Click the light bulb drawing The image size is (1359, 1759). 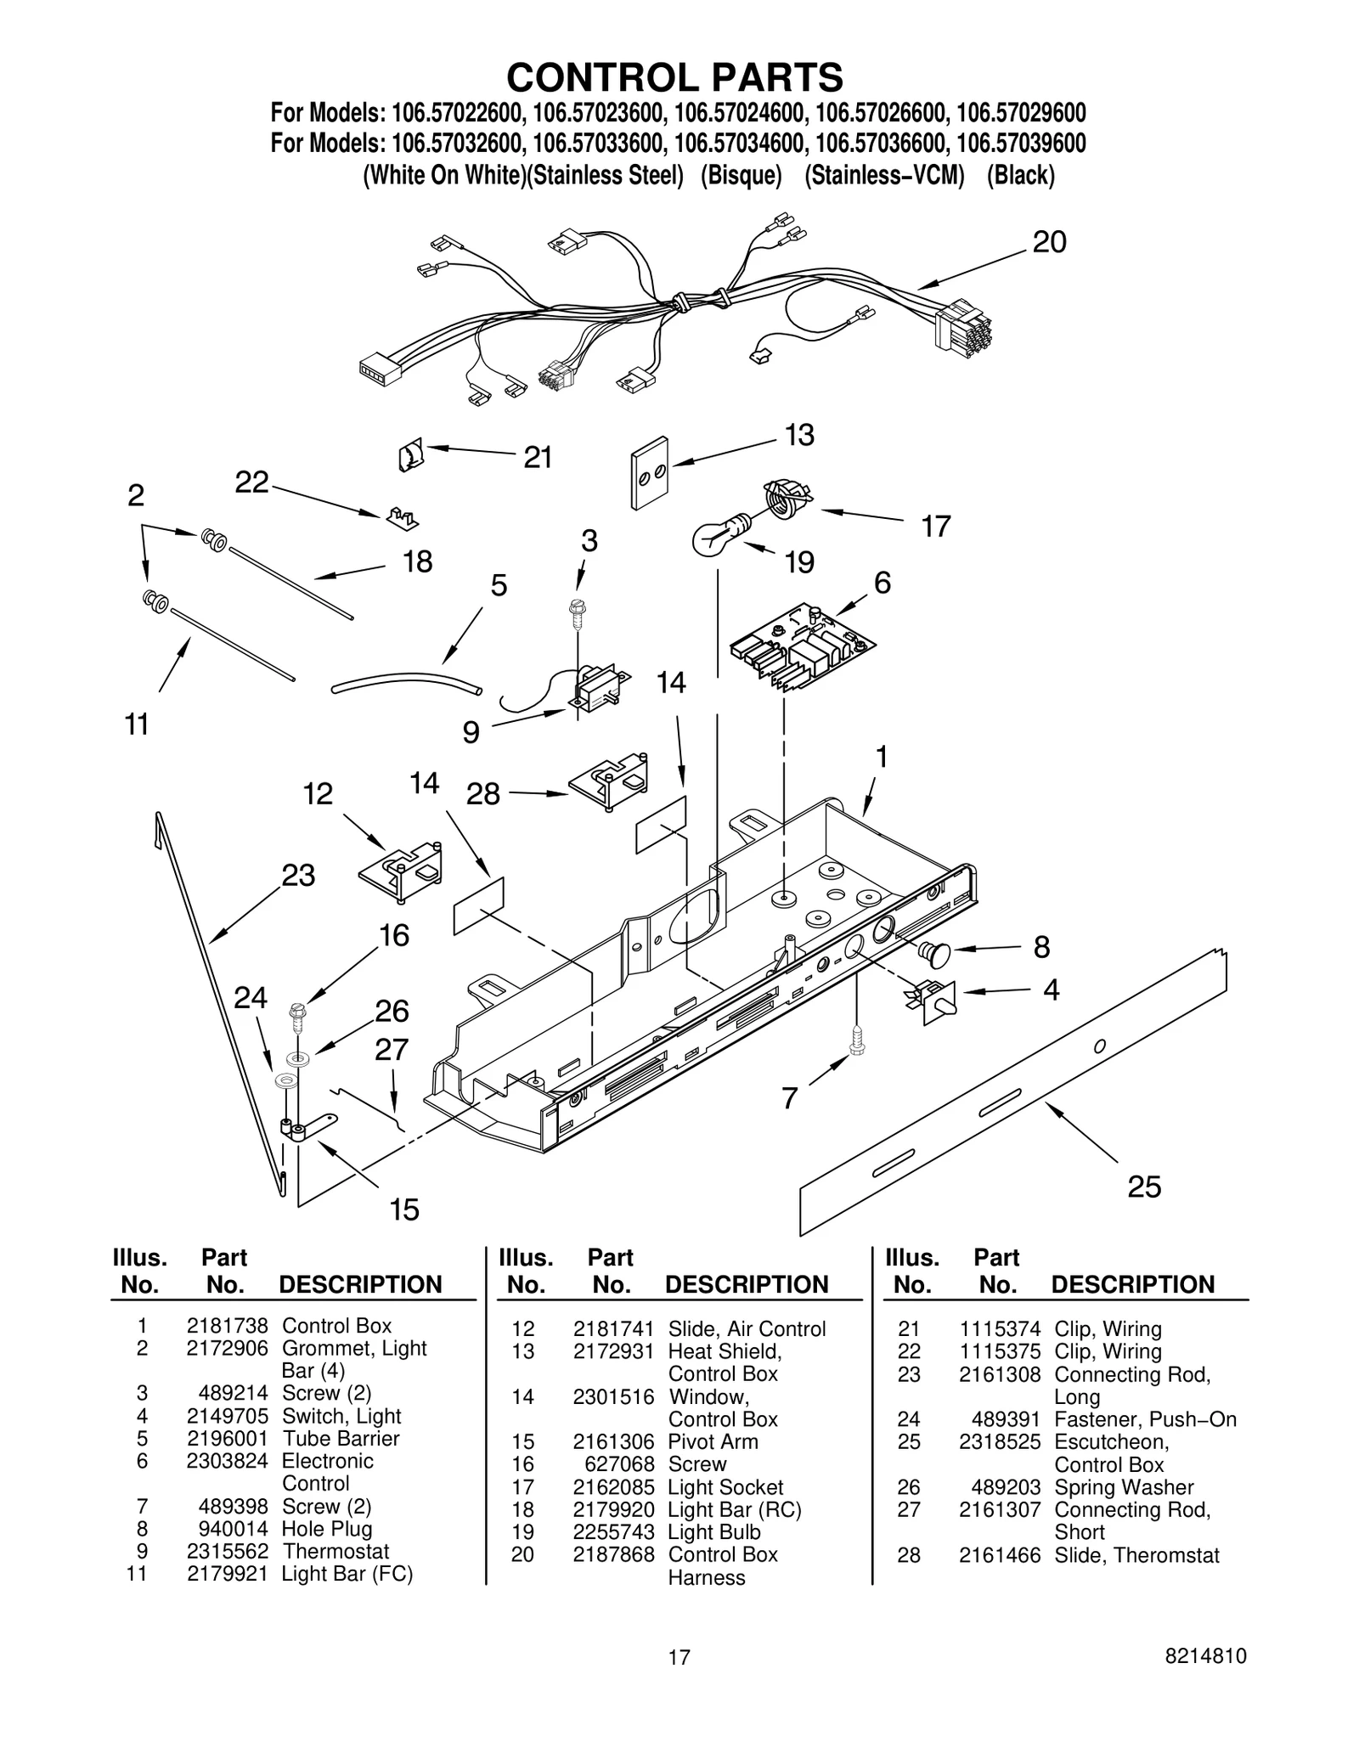tap(718, 535)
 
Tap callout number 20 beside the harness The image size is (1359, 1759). tap(1049, 243)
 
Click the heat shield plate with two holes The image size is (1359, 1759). tap(650, 473)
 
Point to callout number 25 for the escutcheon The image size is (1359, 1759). tap(1143, 1187)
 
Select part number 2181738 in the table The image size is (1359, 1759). tap(227, 1326)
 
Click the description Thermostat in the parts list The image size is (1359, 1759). tap(336, 1551)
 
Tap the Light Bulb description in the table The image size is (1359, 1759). tap(713, 1532)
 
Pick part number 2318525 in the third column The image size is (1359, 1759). tap(999, 1441)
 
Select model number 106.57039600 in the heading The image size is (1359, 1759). tap(1020, 143)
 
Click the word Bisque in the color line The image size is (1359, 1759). tap(741, 176)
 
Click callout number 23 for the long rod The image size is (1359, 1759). tap(298, 875)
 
